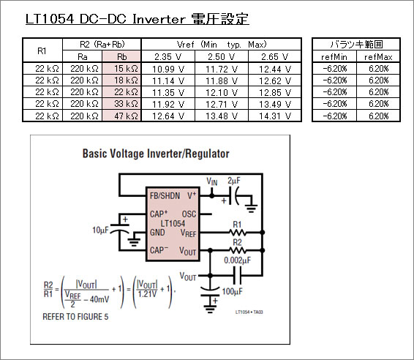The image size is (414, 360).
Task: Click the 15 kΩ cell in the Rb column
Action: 121,69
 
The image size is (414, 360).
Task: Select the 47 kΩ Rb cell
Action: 121,116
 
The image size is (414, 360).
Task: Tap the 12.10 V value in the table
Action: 222,92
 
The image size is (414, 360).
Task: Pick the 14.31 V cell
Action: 275,116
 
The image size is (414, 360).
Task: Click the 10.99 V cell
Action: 168,70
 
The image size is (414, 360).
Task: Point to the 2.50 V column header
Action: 221,57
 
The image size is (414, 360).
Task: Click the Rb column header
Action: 121,56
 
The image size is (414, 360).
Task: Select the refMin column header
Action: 334,57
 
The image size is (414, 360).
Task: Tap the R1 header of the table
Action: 42,50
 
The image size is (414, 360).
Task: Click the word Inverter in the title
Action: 159,19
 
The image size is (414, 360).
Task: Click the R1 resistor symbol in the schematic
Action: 238,233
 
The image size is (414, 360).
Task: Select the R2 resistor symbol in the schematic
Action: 238,250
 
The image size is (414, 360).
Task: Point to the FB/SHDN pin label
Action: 165,195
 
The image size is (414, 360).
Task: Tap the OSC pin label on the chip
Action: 189,214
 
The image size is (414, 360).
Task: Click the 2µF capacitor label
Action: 234,181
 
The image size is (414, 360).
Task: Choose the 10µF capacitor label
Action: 100,230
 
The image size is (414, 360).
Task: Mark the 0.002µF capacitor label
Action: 238,260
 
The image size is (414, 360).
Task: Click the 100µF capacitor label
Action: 233,291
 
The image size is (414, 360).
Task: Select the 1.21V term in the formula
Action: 147,294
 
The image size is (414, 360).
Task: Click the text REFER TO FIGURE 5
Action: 75,316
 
